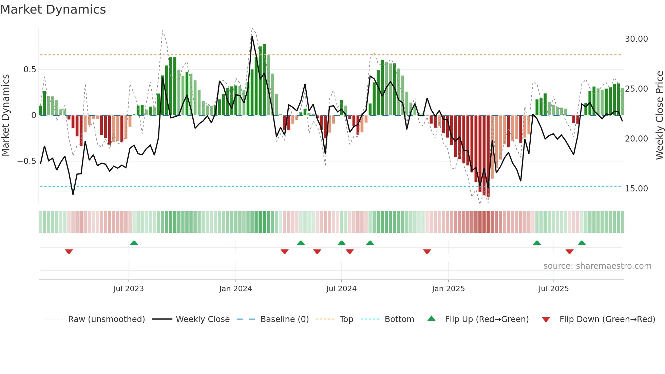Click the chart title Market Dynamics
53,10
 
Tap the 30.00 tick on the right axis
636,39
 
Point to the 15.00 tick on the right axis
636,189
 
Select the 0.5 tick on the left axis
30,70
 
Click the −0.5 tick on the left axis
27,161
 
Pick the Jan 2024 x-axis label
235,289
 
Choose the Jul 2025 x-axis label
553,289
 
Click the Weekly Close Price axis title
659,115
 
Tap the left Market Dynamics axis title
5,115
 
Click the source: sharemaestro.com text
597,266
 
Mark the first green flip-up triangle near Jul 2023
134,243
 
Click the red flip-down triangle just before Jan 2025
427,251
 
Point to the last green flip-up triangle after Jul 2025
582,243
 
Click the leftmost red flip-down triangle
69,251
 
